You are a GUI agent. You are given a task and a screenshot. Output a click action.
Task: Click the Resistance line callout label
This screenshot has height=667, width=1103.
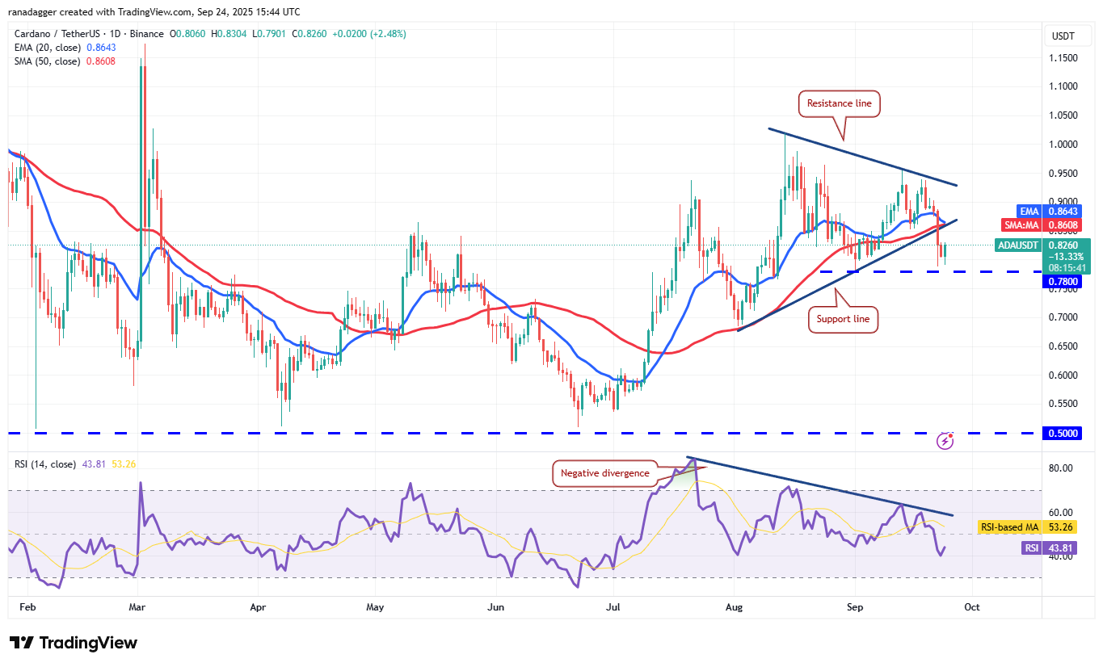[x=839, y=103]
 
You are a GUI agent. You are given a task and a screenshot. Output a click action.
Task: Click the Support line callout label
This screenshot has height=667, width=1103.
[x=842, y=319]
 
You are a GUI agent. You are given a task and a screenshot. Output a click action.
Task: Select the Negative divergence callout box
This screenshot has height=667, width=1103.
[x=604, y=473]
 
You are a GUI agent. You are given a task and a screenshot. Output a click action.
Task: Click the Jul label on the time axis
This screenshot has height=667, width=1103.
[x=613, y=606]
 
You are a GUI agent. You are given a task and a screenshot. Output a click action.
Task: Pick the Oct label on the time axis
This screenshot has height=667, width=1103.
[x=972, y=606]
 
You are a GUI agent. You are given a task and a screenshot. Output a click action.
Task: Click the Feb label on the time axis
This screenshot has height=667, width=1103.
[x=27, y=606]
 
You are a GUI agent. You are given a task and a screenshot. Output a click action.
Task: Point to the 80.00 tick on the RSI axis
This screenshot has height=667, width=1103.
[x=1060, y=468]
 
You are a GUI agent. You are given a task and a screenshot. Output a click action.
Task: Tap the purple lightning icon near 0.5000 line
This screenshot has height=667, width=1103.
[x=945, y=441]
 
